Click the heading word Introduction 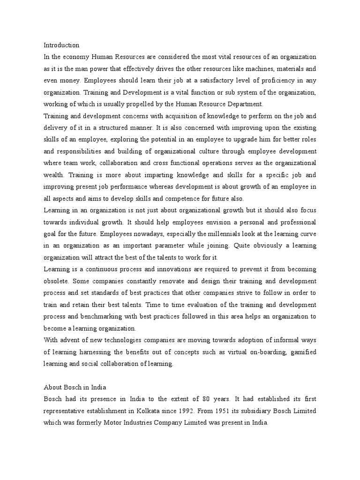[x=61, y=45]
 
